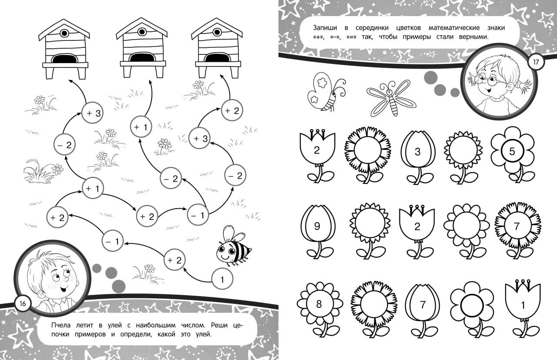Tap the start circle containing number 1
222,279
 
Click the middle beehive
142,48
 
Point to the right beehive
217,48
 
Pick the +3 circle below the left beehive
93,113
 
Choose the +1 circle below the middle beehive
141,127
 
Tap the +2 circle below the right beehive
232,110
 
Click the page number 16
22,303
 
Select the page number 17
536,62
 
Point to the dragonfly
391,99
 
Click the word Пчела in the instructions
61,325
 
